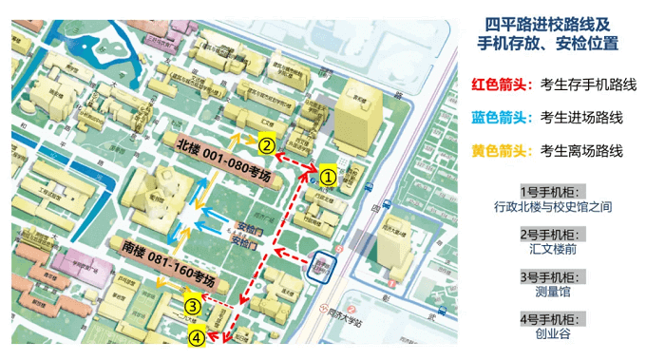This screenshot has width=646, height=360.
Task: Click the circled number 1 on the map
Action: pos(327,176)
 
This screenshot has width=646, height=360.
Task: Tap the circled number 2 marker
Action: pos(268,146)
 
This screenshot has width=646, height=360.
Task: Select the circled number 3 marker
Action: pos(193,306)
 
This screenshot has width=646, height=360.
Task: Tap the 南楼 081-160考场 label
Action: pos(169,265)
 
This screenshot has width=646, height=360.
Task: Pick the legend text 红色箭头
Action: pos(501,85)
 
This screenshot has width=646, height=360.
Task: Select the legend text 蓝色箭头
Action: pos(501,118)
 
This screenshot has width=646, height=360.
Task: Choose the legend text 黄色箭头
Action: pos(501,150)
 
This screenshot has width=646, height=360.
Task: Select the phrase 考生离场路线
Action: pos(581,150)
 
